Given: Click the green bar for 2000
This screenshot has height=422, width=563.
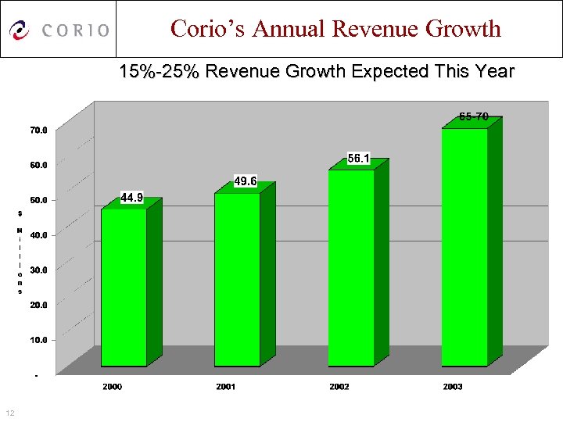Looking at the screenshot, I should (124, 287).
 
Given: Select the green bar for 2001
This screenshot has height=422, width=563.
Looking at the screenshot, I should (237, 279).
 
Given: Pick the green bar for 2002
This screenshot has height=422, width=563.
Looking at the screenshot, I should (351, 267).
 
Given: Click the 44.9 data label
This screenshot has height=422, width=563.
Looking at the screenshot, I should (131, 198).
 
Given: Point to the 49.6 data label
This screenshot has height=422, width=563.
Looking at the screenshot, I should (246, 181).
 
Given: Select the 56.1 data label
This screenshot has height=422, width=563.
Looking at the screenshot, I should (359, 159).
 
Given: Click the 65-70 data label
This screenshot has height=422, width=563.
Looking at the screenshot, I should (474, 116).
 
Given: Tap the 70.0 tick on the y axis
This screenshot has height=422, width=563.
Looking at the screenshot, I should (38, 130).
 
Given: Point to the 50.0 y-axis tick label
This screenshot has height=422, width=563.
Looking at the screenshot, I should (38, 200).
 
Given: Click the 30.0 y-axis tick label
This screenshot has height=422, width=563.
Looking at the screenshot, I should (38, 270).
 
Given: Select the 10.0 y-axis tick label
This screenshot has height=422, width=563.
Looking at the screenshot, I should (38, 340).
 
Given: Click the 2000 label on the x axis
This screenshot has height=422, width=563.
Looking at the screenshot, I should (113, 387).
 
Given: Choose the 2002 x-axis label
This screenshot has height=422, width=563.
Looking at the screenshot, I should (339, 387).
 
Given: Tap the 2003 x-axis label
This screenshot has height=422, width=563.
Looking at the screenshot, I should (452, 387).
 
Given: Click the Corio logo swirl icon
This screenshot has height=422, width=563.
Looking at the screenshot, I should (20, 30).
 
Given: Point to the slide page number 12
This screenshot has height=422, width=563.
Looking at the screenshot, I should (9, 413).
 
